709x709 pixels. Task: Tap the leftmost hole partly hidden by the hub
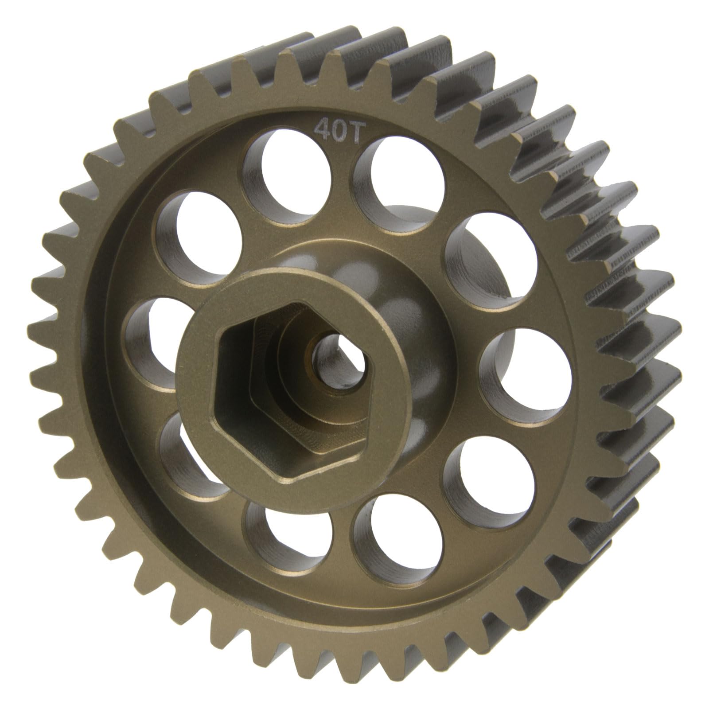coord(148,337)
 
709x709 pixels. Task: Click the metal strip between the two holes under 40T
coord(343,186)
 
